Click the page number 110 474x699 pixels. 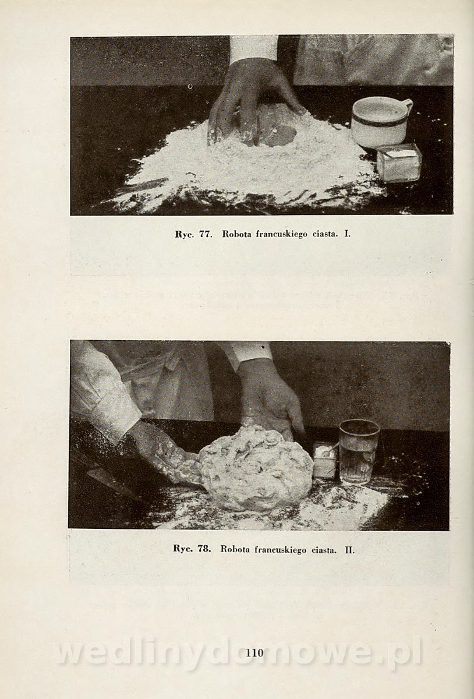click(x=254, y=652)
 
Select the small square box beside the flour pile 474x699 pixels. click(x=399, y=162)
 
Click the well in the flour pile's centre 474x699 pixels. click(x=277, y=135)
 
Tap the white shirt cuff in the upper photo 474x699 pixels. click(x=253, y=47)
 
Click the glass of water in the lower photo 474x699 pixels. click(x=359, y=452)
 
